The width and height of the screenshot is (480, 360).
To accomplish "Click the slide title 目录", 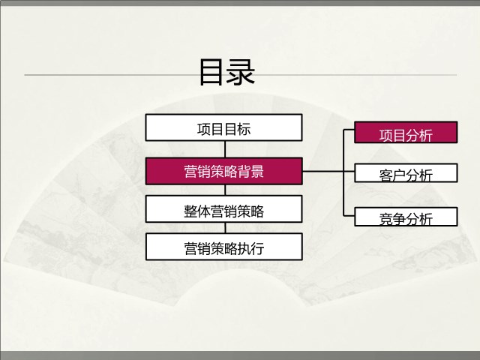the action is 226,72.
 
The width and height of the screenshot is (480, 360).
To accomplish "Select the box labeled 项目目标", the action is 223,127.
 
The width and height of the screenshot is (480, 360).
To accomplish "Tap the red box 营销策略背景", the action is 223,171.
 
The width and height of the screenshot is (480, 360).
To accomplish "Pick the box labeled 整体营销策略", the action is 223,208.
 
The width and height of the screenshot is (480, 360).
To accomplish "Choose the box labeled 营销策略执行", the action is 224,247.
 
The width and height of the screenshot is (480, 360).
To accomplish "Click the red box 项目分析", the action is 406,132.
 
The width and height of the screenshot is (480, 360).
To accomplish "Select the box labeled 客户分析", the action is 406,173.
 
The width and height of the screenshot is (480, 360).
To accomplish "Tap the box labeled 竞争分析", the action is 406,217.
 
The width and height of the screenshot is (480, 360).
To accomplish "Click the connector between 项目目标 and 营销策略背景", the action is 225,149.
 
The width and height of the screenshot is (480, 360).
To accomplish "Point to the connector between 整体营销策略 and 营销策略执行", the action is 226,228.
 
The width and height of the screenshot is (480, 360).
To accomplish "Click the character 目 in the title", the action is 211,72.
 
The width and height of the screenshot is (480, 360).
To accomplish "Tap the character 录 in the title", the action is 241,72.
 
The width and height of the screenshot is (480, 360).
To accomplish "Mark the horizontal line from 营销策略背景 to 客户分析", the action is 328,172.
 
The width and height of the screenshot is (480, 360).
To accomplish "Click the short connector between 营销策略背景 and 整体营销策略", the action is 225,190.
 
